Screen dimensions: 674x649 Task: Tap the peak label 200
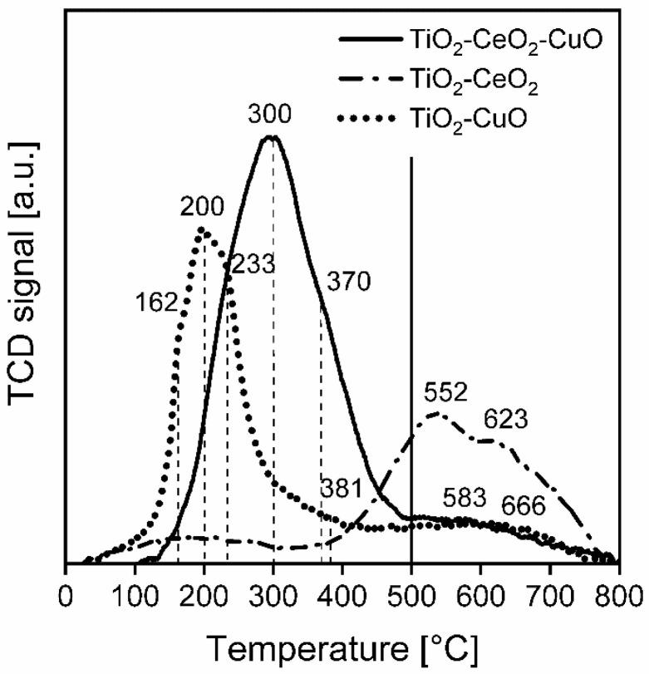[x=202, y=209]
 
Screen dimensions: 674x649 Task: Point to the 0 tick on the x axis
[x=66, y=597]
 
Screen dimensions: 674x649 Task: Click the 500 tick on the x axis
[x=411, y=597]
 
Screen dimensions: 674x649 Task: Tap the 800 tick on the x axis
[x=617, y=597]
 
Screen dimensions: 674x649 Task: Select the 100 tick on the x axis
[x=135, y=597]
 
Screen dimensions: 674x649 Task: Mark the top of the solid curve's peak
[x=271, y=137]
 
